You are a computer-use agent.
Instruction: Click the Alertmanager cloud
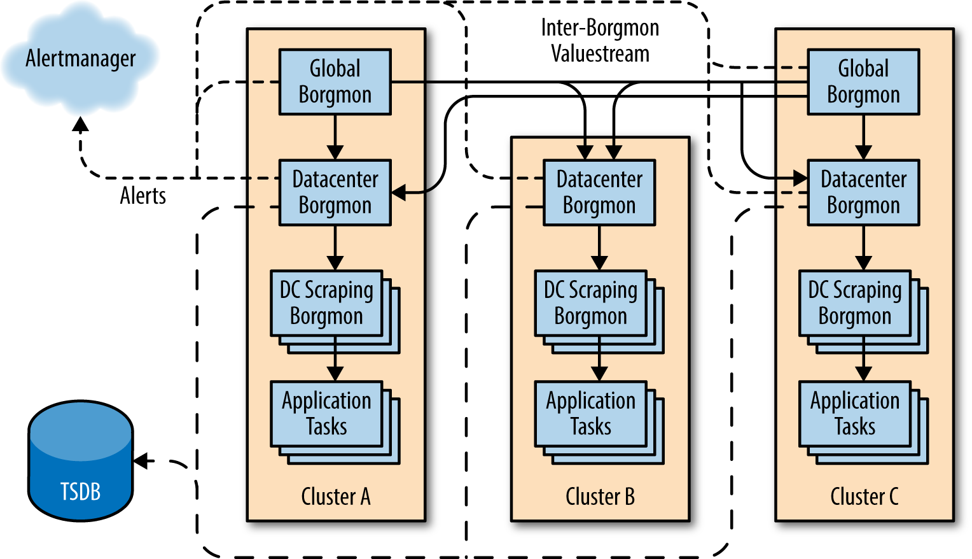pos(80,59)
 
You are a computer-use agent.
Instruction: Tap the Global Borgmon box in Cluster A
pos(335,82)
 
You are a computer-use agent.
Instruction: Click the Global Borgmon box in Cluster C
pos(863,82)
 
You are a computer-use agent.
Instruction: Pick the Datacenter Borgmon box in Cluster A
pos(335,192)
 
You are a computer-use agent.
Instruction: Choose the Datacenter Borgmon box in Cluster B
pos(599,192)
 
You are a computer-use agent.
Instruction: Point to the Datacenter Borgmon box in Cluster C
pos(863,192)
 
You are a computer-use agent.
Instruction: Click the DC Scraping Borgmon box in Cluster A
pos(326,303)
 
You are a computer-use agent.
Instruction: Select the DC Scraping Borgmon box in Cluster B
pos(591,303)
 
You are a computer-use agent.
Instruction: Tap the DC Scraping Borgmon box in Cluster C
pos(855,303)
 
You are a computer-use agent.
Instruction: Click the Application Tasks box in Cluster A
pos(326,414)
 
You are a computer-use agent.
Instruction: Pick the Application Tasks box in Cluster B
pos(591,414)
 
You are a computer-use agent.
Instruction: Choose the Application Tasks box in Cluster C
pos(855,414)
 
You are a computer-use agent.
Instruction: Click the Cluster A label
pos(336,497)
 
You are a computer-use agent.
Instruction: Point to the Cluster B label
pos(600,497)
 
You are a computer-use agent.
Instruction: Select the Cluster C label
pos(864,497)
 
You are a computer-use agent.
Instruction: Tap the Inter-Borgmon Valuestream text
pos(600,41)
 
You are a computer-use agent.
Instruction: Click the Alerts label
pos(143,196)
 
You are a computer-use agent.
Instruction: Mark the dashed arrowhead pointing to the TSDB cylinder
pos(141,461)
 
